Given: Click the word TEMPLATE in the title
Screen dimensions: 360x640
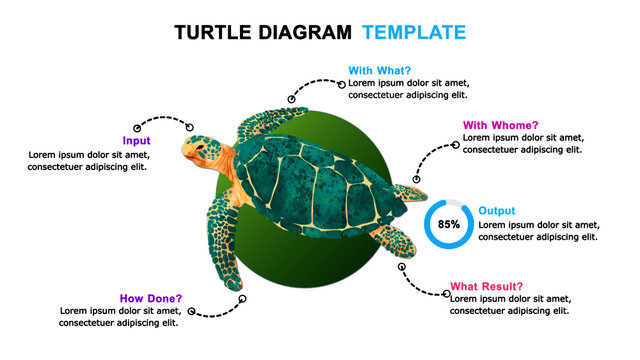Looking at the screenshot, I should point(413,32).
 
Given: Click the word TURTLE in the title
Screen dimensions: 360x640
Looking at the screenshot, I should point(213,32).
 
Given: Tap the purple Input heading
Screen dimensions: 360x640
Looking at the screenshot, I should point(136,141).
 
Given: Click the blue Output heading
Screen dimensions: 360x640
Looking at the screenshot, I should point(497,211).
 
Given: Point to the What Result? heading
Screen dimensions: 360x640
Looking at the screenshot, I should point(486,286).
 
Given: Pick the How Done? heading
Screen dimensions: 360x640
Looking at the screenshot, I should point(151,298).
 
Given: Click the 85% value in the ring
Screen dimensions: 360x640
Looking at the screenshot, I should point(449,224).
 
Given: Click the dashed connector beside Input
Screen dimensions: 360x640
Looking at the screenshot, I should point(162,121).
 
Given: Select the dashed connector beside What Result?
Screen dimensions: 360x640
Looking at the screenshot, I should point(424,283).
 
